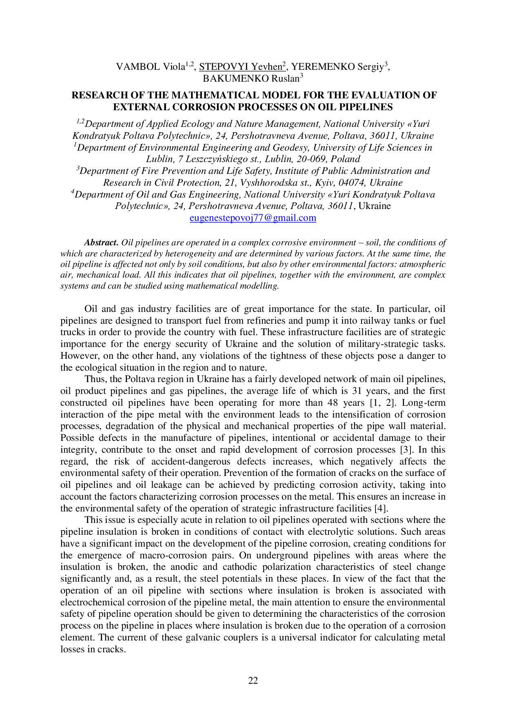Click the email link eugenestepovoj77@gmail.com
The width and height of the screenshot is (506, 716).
(x=253, y=218)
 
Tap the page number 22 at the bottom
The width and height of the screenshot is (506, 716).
(x=253, y=680)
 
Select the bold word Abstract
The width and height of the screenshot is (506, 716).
(x=101, y=242)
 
